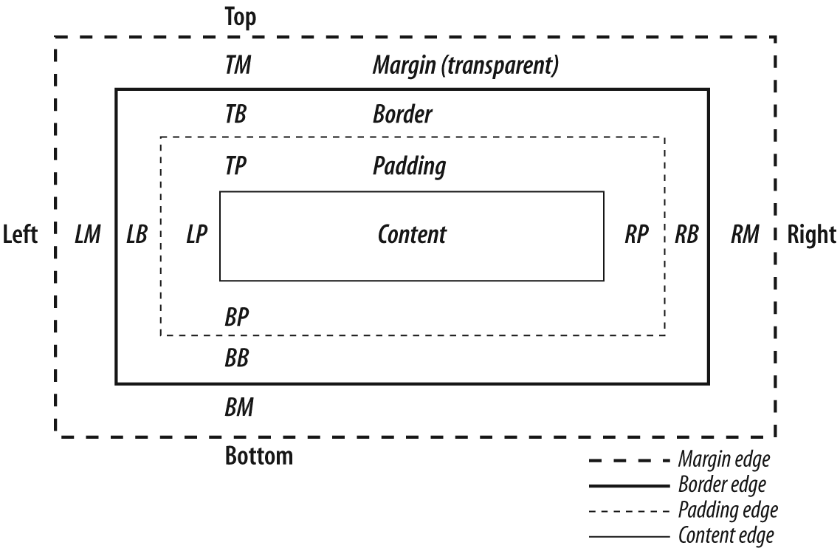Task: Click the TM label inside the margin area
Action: pyautogui.click(x=238, y=66)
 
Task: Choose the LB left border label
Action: pyautogui.click(x=137, y=235)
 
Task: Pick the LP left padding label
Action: pyautogui.click(x=196, y=235)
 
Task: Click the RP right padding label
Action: pyautogui.click(x=636, y=235)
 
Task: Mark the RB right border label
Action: pyautogui.click(x=686, y=235)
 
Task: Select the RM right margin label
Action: pyautogui.click(x=746, y=235)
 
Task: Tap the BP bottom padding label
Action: pyautogui.click(x=236, y=317)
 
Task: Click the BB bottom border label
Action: pyautogui.click(x=236, y=359)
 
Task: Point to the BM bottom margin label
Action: pyautogui.click(x=238, y=407)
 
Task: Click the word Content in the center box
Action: pyautogui.click(x=412, y=235)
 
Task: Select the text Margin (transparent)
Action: pyautogui.click(x=464, y=66)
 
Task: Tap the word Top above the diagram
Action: pyautogui.click(x=241, y=18)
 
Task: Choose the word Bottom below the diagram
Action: pyautogui.click(x=258, y=456)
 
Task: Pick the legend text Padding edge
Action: pyautogui.click(x=727, y=510)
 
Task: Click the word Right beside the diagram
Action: pyautogui.click(x=811, y=235)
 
